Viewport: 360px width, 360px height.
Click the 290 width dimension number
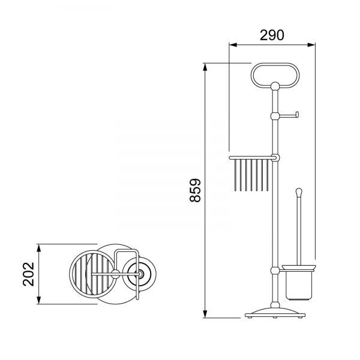point(272,35)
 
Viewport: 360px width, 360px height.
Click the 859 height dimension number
point(196,190)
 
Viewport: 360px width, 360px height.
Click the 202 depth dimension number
point(28,274)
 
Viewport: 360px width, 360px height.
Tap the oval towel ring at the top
point(275,64)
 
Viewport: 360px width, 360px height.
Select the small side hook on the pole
point(289,115)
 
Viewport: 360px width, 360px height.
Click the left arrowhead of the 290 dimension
point(233,45)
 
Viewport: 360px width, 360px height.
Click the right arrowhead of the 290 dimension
point(311,45)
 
